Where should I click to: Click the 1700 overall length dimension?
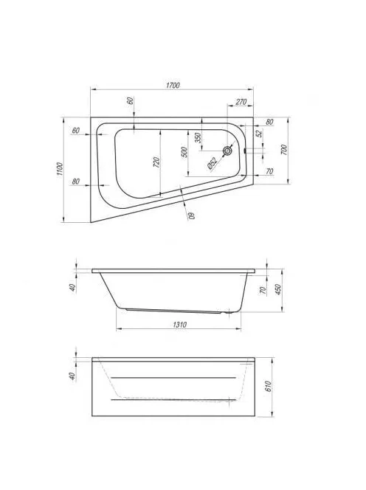pos(173,86)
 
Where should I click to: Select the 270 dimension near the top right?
pos(241,102)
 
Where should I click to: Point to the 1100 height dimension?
pos(61,169)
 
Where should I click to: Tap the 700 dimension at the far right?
pos(284,150)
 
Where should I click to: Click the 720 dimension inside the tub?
pos(156,162)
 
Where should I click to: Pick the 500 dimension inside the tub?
pos(184,152)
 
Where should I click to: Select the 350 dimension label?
pos(198,138)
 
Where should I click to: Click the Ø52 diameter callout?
pos(213,164)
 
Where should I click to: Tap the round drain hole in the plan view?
pos(227,151)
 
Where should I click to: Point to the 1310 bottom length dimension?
pos(180,325)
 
